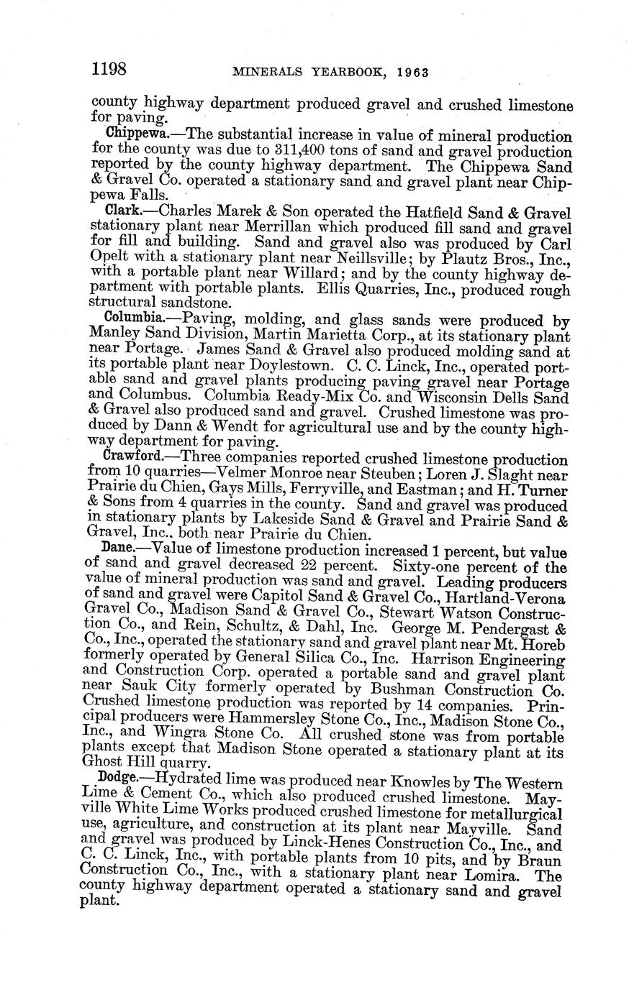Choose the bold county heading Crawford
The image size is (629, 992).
(x=136, y=456)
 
